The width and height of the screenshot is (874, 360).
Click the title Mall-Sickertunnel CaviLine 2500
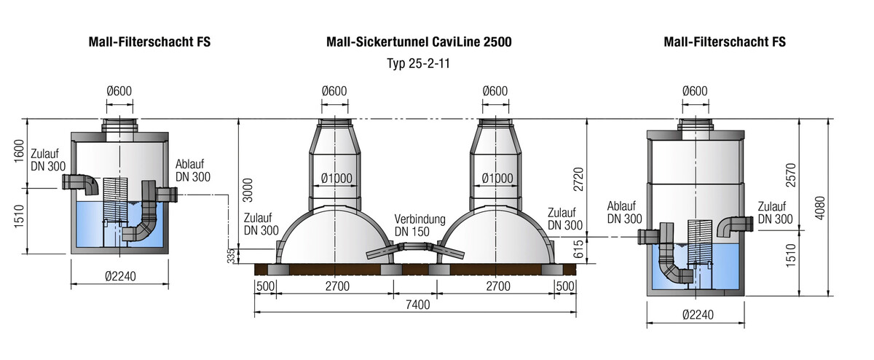[x=419, y=42]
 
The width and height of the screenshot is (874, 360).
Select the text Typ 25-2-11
[x=418, y=63]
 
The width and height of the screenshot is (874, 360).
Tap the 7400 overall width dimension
[x=417, y=305]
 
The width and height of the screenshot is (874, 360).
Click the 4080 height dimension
[x=820, y=208]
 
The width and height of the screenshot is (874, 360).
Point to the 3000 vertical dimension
[x=248, y=190]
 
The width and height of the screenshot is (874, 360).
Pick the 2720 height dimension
[x=578, y=179]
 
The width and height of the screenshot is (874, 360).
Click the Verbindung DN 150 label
[x=420, y=225]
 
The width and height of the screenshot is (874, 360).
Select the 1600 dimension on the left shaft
[x=19, y=151]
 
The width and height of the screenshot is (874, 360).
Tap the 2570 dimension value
[x=790, y=176]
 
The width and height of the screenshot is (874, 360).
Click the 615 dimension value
[x=578, y=249]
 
